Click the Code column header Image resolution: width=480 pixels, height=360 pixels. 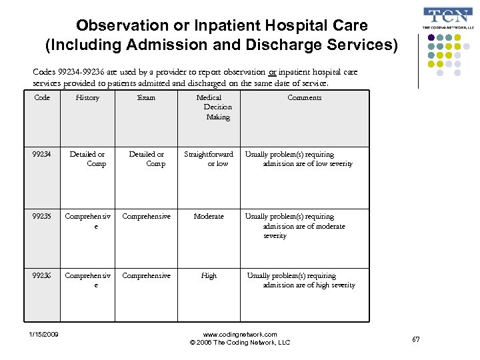click(x=41, y=98)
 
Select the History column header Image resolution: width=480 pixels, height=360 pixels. click(x=87, y=98)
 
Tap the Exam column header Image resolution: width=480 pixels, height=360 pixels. click(x=146, y=98)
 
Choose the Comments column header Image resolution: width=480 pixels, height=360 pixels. click(x=304, y=98)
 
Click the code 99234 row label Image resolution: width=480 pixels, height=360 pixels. click(x=41, y=154)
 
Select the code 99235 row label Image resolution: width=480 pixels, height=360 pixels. click(x=41, y=217)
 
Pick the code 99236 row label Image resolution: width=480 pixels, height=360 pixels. click(x=41, y=275)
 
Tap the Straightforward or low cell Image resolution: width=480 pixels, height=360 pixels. click(x=209, y=159)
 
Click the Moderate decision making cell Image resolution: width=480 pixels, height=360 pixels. click(x=209, y=217)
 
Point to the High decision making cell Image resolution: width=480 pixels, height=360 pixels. click(x=209, y=275)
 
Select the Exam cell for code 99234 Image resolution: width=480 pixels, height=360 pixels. click(x=147, y=159)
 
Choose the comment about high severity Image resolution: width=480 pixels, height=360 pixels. click(x=301, y=280)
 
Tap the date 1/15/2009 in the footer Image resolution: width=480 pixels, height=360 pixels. click(x=43, y=334)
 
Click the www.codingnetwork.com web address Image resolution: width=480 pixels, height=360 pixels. click(x=240, y=334)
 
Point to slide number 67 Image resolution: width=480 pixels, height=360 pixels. click(x=416, y=340)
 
